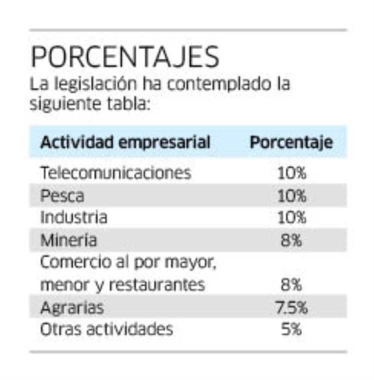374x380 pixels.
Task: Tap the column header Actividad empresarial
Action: point(125,142)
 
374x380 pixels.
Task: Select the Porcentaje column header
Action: point(291,142)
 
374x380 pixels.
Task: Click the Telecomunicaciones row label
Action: point(115,173)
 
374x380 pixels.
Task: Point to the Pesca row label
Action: point(62,195)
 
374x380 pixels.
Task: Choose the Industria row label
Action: point(73,217)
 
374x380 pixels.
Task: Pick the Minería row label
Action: point(68,240)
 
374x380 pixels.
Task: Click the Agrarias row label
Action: point(72,307)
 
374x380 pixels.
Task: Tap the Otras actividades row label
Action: point(106,329)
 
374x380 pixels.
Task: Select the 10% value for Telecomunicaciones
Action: point(291,173)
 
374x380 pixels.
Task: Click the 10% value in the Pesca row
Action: point(291,195)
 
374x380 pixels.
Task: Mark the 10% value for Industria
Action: point(291,217)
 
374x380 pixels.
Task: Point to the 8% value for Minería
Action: point(291,240)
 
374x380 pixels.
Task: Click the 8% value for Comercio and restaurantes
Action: point(291,285)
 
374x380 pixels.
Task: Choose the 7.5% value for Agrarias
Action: point(291,307)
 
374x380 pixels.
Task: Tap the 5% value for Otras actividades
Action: point(291,329)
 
